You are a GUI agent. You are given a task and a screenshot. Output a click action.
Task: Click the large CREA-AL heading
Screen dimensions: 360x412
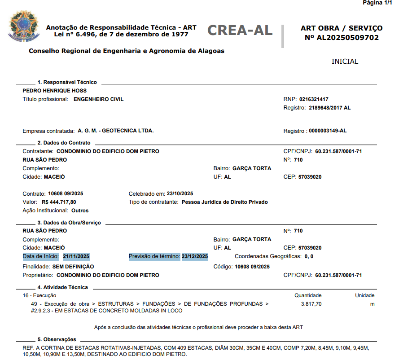tap(240, 30)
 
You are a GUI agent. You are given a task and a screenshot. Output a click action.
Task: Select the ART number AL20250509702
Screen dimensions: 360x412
tap(347, 38)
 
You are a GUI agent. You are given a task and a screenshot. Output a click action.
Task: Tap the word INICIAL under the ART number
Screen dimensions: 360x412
tap(345, 61)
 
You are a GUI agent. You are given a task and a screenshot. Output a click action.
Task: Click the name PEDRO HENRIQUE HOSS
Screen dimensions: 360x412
tap(55, 91)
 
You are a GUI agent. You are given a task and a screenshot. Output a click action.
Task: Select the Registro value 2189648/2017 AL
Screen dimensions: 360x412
tap(330, 108)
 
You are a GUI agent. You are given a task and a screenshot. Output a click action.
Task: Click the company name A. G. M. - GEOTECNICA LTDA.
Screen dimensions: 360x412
tap(116, 131)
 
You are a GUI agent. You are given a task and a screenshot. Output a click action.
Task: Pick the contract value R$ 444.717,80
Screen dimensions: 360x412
tap(59, 202)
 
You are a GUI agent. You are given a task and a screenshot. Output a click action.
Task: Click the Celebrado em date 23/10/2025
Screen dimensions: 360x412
tap(180, 193)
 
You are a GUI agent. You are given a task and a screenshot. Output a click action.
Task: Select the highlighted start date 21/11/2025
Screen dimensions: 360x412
tap(76, 256)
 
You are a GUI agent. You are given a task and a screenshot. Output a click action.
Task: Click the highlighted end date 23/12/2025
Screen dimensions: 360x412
tap(195, 256)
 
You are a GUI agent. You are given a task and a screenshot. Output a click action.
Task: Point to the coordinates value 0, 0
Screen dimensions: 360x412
tap(309, 256)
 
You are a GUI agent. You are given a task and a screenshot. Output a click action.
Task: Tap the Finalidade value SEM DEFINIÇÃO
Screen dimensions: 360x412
tap(73, 266)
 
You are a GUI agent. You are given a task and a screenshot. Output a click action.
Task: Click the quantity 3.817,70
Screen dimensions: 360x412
tap(311, 304)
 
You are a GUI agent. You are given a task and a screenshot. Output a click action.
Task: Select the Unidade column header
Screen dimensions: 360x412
tap(364, 295)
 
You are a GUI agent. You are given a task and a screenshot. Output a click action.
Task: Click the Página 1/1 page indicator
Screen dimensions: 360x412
tap(377, 3)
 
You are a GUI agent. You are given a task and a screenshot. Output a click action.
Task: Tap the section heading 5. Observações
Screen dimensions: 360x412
tap(57, 339)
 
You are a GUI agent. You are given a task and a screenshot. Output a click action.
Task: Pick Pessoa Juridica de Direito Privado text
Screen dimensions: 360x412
tap(224, 202)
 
